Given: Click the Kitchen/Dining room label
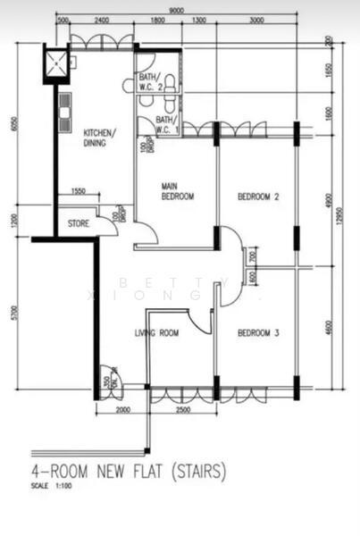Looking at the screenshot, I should point(99,137).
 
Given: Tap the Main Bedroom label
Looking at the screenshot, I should point(177,191).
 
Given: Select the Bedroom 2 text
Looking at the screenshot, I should point(259,196).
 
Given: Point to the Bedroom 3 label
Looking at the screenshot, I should point(259,333).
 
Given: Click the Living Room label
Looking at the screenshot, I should point(156,333).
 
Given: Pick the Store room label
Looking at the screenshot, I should point(79,223).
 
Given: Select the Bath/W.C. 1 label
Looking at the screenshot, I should point(167,124).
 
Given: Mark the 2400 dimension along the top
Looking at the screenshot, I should point(102,20).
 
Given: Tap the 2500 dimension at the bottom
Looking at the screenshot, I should point(182,409).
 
